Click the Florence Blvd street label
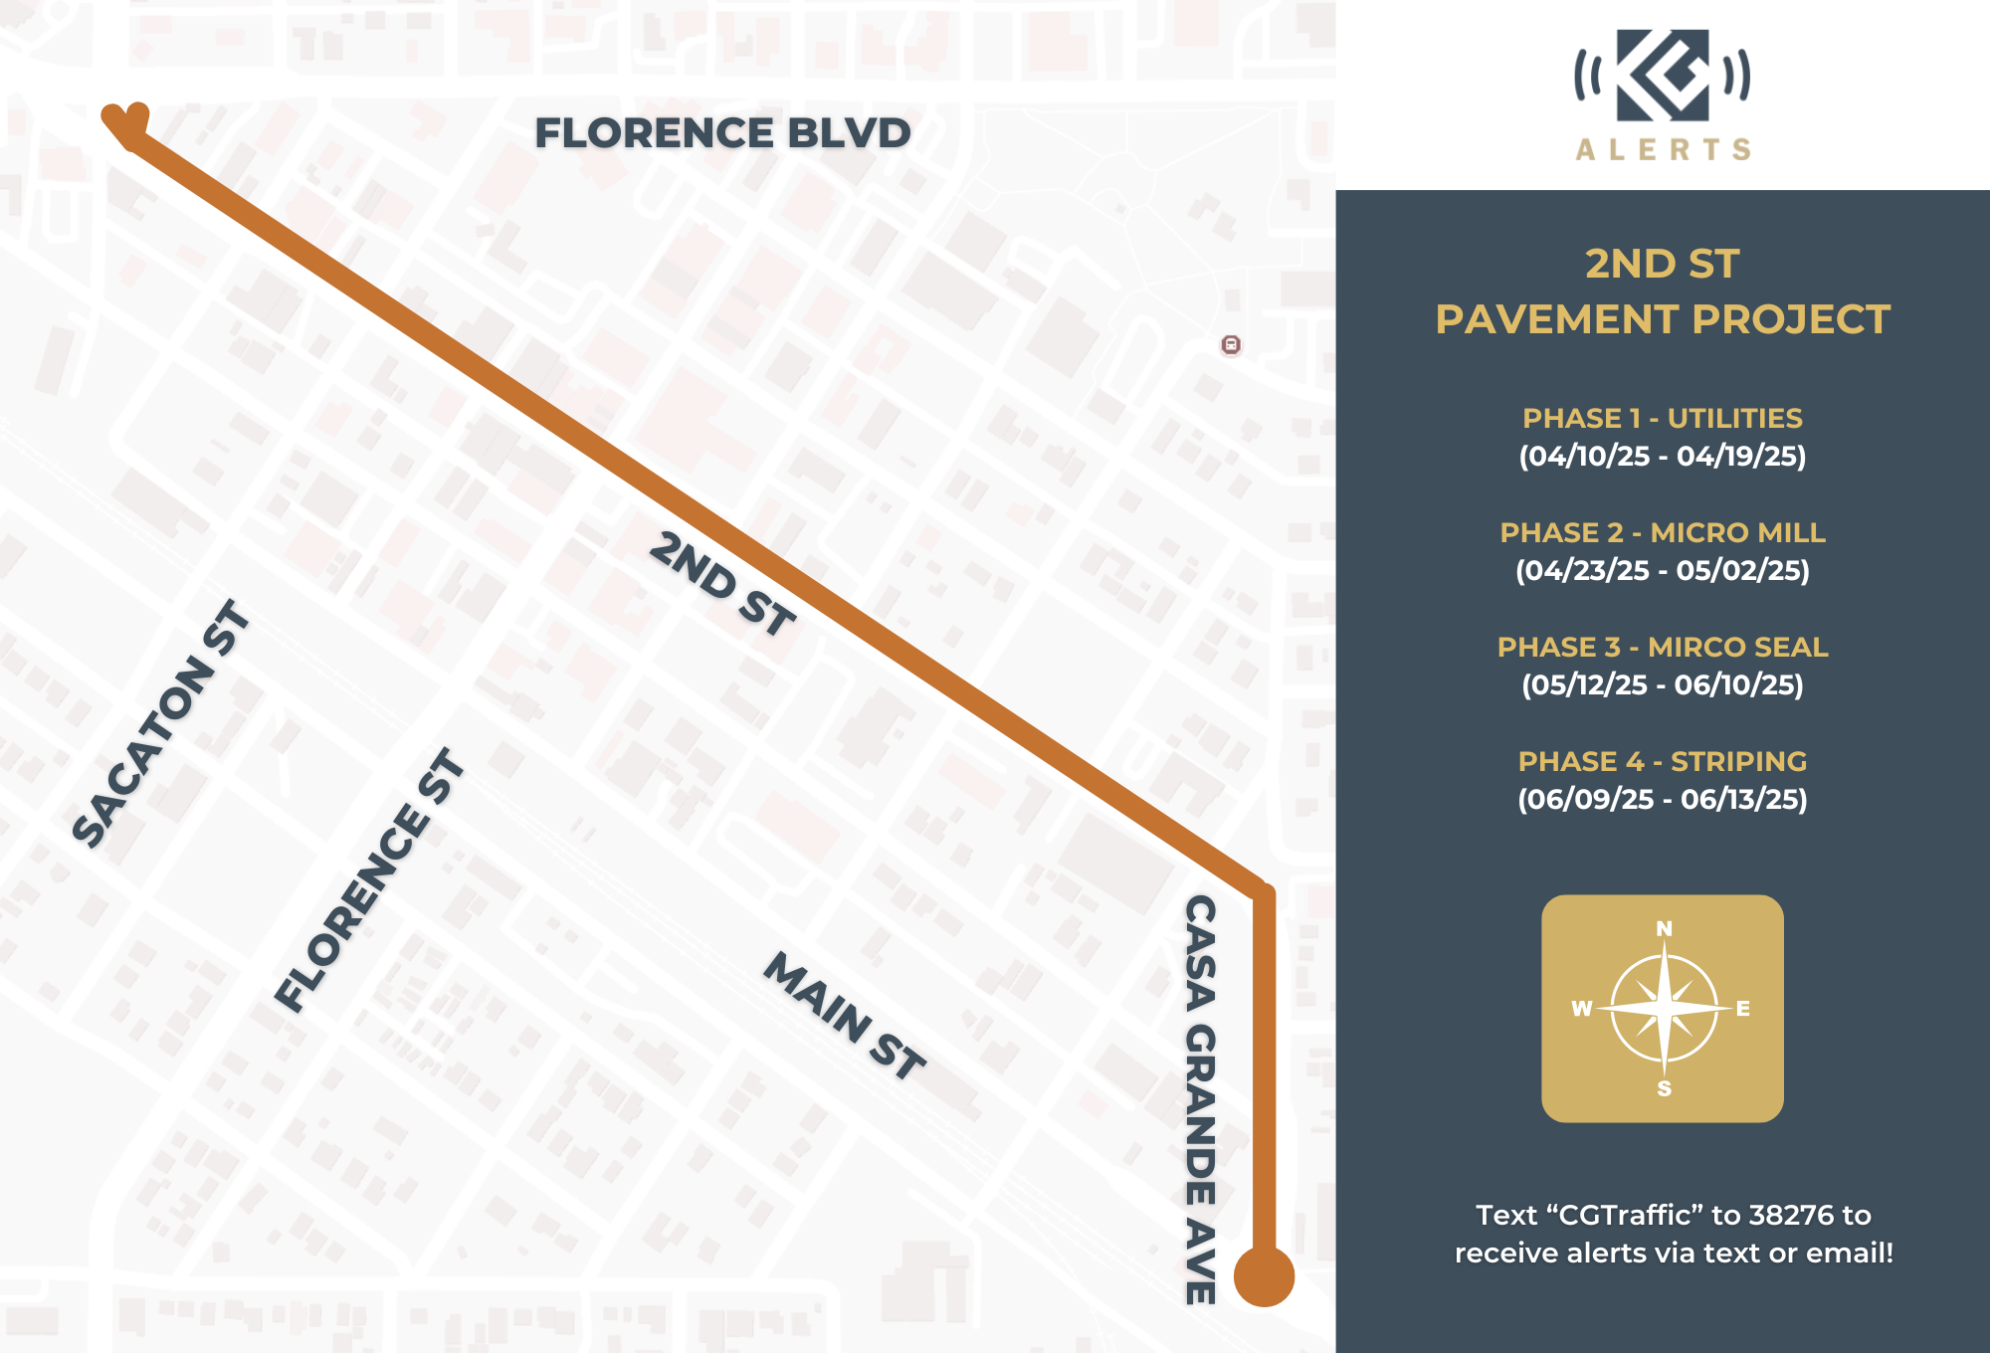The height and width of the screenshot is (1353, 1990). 722,133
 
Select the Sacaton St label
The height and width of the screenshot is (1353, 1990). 161,724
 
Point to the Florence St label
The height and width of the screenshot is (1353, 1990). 369,880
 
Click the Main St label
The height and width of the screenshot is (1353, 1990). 845,1016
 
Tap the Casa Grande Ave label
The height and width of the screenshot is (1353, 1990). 1201,1099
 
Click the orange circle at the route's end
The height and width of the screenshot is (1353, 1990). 1264,1275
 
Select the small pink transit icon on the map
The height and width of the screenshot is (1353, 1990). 1231,345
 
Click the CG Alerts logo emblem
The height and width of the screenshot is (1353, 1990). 1663,76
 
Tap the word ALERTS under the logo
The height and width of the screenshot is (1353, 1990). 1663,150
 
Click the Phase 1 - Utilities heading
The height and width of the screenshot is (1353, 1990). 1662,418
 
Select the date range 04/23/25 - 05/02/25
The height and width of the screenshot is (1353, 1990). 1662,570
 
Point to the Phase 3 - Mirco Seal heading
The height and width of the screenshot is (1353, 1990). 1662,647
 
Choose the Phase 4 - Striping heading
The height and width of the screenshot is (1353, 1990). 1662,761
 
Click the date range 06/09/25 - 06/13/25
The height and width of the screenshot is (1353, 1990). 1662,799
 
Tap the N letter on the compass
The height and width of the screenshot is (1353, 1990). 1664,929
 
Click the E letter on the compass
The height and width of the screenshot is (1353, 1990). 1742,1009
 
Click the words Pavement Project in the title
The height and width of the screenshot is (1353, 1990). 1662,319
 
